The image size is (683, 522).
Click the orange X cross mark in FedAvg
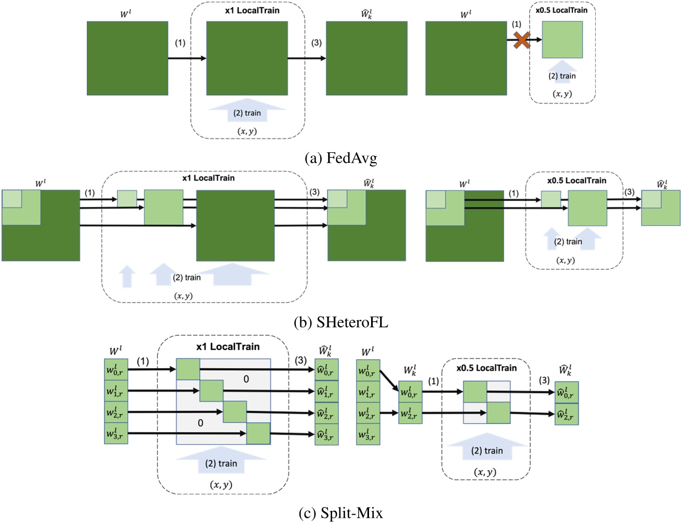point(522,40)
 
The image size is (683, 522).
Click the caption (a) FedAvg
point(340,158)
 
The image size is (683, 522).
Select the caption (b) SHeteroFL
point(340,323)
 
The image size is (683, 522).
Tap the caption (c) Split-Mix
point(340,514)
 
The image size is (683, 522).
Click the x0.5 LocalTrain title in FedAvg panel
point(561,10)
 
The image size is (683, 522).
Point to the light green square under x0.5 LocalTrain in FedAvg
point(562,40)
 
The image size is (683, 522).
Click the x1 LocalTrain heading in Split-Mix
point(228,347)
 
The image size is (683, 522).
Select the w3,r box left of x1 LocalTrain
point(115,433)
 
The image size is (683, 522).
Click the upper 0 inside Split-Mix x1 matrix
point(246,380)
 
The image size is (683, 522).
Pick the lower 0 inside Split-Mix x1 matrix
point(201,423)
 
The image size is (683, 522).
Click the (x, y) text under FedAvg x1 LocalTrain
point(247,131)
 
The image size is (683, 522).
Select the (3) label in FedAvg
point(316,43)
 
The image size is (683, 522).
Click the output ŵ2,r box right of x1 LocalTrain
point(326,414)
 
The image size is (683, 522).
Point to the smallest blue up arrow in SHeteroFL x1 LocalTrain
point(126,276)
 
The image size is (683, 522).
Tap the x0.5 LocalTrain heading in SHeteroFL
point(576,181)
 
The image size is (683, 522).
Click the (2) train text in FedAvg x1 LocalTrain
point(247,113)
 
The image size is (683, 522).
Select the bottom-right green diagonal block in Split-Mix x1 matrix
point(258,434)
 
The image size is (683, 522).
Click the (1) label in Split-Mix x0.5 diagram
point(433,381)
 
